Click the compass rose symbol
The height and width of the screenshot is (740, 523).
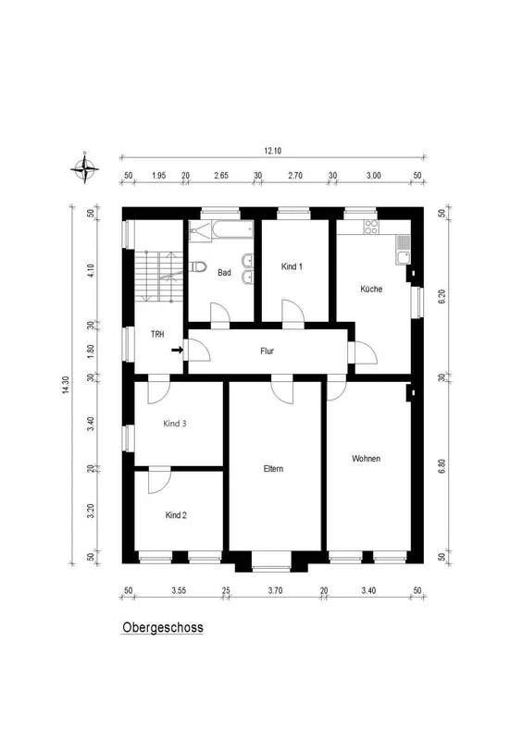pyautogui.click(x=84, y=167)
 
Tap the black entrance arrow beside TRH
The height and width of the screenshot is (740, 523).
pyautogui.click(x=177, y=351)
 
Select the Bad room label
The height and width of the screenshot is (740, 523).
pyautogui.click(x=224, y=272)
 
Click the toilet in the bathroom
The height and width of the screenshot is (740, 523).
pyautogui.click(x=199, y=267)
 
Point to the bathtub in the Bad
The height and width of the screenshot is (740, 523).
pyautogui.click(x=232, y=229)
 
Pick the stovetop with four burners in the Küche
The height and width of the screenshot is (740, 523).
pyautogui.click(x=371, y=227)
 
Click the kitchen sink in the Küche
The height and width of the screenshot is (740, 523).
pyautogui.click(x=403, y=250)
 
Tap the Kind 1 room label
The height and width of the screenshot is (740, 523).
pyautogui.click(x=292, y=266)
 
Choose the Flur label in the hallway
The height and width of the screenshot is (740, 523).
pyautogui.click(x=267, y=351)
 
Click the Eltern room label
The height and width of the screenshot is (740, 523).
pyautogui.click(x=274, y=469)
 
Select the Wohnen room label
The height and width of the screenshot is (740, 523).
pyautogui.click(x=367, y=458)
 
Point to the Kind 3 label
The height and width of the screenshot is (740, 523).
pyautogui.click(x=175, y=424)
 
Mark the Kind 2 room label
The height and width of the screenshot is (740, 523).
pyautogui.click(x=176, y=515)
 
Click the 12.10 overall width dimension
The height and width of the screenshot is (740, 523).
pyautogui.click(x=272, y=151)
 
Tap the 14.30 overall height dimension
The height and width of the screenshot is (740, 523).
pyautogui.click(x=66, y=385)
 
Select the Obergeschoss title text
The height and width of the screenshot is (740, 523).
pyautogui.click(x=163, y=627)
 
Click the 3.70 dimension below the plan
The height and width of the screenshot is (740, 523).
pyautogui.click(x=275, y=590)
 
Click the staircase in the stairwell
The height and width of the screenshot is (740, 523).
pyautogui.click(x=158, y=276)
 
